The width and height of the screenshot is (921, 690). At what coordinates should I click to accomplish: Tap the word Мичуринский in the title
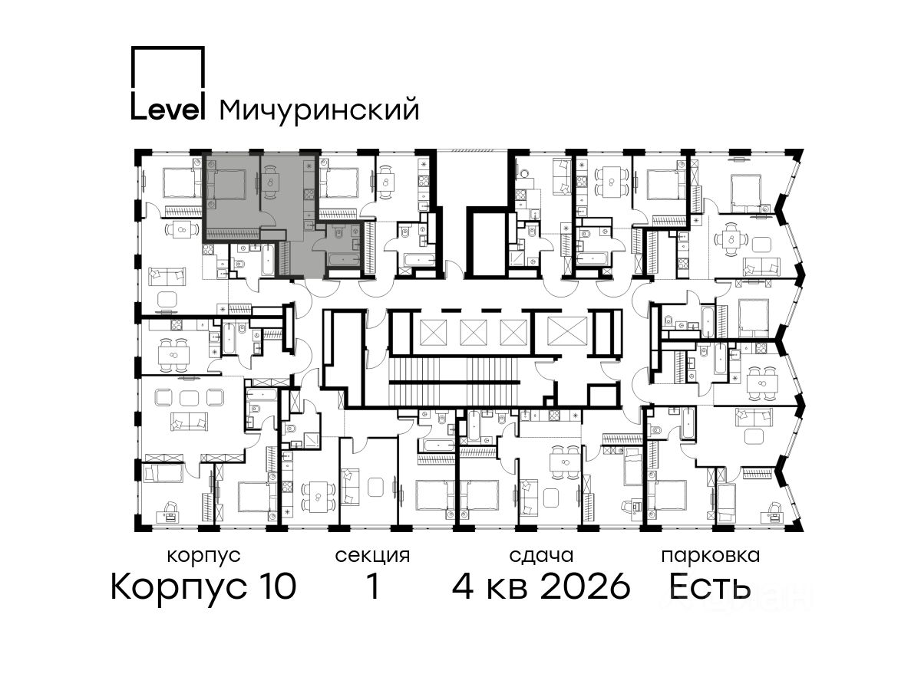click(x=319, y=110)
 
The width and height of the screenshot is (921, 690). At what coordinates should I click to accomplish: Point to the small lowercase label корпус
click(x=204, y=557)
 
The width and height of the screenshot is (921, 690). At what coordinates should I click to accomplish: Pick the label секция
click(x=372, y=557)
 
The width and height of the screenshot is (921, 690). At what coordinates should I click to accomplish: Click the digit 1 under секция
click(x=372, y=587)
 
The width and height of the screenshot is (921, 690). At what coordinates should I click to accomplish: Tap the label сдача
click(x=541, y=556)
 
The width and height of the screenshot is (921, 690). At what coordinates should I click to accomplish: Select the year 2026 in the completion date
click(x=586, y=587)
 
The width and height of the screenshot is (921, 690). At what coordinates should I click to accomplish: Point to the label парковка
click(x=711, y=557)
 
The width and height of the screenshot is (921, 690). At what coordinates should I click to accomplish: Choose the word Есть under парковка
click(x=709, y=586)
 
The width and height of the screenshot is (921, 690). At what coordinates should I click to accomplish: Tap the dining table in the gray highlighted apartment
click(x=272, y=182)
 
